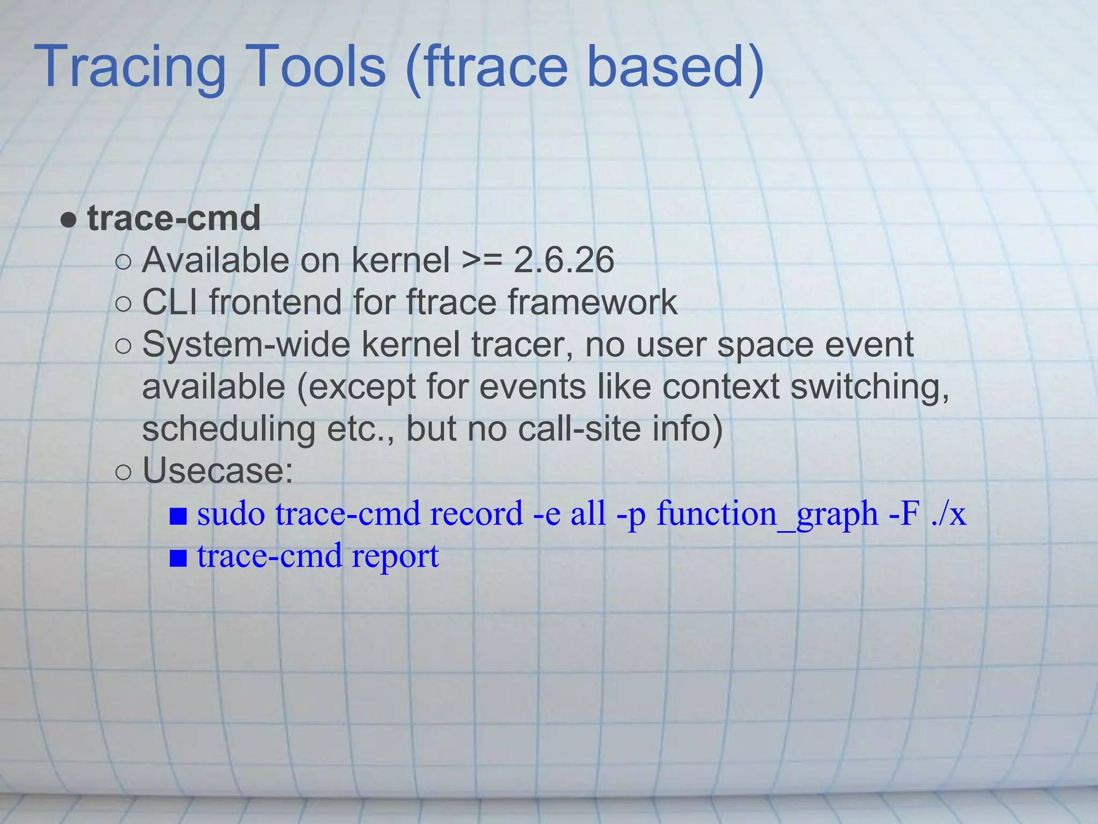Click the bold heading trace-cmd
tap(174, 218)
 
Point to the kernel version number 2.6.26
tap(563, 261)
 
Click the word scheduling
tap(228, 429)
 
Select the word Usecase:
tap(218, 471)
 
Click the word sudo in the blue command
tap(231, 514)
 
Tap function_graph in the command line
tap(767, 514)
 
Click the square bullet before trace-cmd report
tap(178, 558)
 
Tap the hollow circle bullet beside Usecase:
tap(123, 473)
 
